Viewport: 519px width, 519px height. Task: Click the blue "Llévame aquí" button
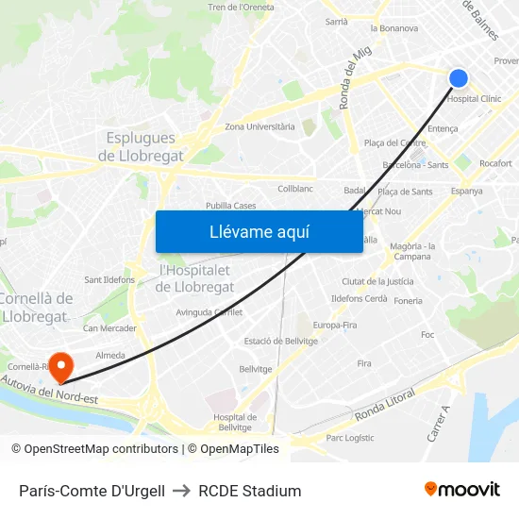pyautogui.click(x=259, y=231)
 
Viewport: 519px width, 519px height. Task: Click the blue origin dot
pyautogui.click(x=459, y=78)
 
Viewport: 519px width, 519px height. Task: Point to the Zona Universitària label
pyautogui.click(x=259, y=126)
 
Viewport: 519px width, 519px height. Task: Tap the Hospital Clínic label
pyautogui.click(x=474, y=98)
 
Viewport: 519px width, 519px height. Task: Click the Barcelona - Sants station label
pyautogui.click(x=415, y=164)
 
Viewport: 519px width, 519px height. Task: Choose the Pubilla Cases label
pyautogui.click(x=230, y=206)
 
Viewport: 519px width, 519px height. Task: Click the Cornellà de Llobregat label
pyautogui.click(x=36, y=307)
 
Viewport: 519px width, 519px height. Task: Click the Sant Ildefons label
pyautogui.click(x=109, y=279)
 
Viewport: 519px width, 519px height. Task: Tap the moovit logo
pyautogui.click(x=461, y=490)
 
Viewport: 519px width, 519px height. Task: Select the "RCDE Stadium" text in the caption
pyautogui.click(x=250, y=491)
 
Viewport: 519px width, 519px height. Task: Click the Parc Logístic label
pyautogui.click(x=349, y=438)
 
